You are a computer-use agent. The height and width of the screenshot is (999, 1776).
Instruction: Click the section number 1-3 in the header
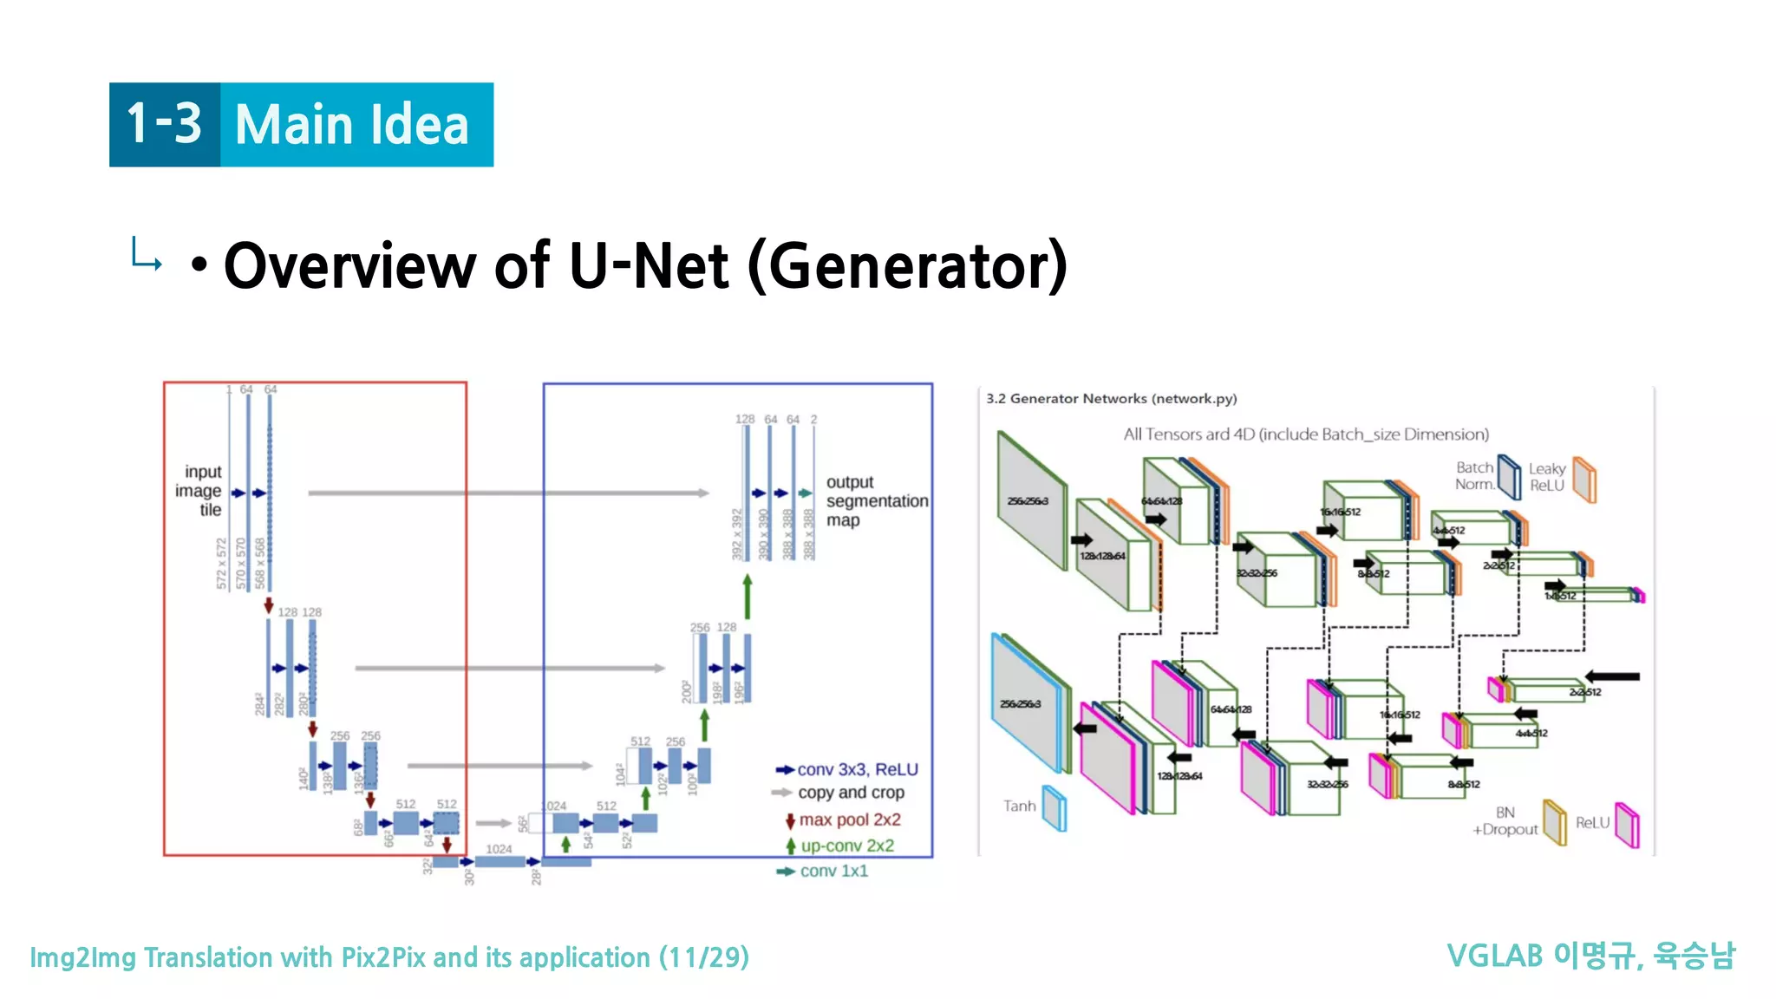pos(164,124)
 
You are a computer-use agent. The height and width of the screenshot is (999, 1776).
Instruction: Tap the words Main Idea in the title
pos(352,125)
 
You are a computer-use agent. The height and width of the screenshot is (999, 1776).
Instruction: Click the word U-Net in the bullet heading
pos(648,265)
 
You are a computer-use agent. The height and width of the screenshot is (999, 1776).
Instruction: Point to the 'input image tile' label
pos(200,491)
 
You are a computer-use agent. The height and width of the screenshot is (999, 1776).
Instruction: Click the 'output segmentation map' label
pos(875,501)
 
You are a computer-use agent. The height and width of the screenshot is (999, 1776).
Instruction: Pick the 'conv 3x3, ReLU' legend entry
pos(857,769)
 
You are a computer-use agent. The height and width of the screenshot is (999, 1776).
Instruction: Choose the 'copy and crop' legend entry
pos(850,793)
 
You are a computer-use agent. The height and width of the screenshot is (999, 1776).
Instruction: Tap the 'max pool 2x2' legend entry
pos(849,819)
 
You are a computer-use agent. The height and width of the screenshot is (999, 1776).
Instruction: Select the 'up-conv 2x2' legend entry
pos(846,846)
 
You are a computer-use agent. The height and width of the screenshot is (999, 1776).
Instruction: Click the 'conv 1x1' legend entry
pos(832,871)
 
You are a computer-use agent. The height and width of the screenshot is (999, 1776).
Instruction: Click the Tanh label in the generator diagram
pos(1020,806)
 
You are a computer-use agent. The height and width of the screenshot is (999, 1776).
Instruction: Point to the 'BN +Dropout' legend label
pos(1505,821)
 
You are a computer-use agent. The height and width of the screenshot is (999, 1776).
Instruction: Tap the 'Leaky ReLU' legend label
pos(1547,477)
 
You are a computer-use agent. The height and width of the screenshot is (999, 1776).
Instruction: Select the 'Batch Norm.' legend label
pos(1474,476)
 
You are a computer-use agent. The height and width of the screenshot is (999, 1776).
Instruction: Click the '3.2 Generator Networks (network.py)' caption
pos(1111,399)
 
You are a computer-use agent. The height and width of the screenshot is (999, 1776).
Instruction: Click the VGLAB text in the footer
pos(1495,956)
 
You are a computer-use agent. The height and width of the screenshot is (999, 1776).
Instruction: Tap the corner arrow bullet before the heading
pos(146,255)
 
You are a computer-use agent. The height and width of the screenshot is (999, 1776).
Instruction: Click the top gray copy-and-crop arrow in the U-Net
pos(508,493)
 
